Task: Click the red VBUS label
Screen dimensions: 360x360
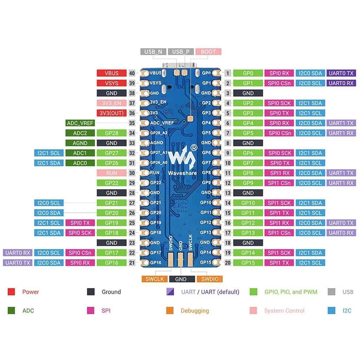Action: [x=112, y=73]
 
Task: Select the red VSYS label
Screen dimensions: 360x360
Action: [x=112, y=83]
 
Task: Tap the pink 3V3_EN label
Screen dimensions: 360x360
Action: [x=112, y=103]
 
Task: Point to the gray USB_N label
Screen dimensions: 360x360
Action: [x=153, y=52]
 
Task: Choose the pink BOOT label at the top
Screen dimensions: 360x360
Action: [x=208, y=52]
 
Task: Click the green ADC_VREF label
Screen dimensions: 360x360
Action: [x=81, y=123]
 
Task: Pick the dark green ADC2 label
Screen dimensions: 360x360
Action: [x=81, y=133]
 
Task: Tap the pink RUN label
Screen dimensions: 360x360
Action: [x=112, y=173]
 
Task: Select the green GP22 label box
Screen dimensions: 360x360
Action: [x=112, y=183]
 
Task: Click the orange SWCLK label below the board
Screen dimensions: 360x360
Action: [x=155, y=279]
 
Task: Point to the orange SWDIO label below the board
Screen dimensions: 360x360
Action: [x=210, y=279]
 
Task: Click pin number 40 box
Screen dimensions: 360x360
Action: [x=132, y=73]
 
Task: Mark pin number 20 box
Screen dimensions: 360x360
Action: [x=228, y=263]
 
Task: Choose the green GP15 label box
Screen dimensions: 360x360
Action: [x=248, y=263]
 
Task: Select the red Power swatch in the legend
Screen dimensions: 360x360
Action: [x=11, y=292]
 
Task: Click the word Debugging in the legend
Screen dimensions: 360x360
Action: [x=195, y=311]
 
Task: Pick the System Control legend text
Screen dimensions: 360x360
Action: [x=284, y=311]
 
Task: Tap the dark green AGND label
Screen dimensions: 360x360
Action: [x=81, y=143]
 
